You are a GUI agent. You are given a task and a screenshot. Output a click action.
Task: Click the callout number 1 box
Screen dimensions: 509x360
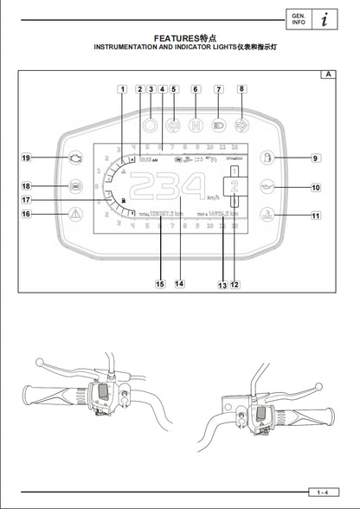click(x=123, y=88)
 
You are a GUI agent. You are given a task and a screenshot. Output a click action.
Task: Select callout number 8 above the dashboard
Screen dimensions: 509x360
click(x=242, y=88)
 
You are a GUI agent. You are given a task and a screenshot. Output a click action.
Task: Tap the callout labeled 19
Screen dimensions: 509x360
click(x=27, y=158)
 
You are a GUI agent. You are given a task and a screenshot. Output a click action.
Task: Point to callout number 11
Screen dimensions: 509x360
click(x=316, y=216)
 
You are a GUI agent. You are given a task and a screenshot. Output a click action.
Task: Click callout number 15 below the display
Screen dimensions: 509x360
click(x=159, y=283)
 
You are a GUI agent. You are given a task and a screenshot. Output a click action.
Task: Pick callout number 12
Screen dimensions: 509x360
click(x=235, y=283)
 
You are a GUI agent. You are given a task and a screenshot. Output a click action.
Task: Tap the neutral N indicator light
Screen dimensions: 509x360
click(x=196, y=123)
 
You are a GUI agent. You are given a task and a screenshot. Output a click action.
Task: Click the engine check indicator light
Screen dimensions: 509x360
click(x=76, y=158)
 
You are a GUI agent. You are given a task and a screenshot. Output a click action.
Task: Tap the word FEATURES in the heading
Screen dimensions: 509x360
click(x=176, y=39)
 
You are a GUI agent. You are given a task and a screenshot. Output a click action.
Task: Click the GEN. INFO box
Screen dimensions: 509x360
click(x=298, y=19)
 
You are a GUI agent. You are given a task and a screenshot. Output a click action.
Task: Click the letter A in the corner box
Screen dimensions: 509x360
click(x=328, y=74)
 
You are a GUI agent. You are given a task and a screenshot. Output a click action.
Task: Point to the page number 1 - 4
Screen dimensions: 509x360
click(x=321, y=492)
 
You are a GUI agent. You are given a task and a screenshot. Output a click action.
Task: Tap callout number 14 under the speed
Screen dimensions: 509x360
click(x=179, y=283)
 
